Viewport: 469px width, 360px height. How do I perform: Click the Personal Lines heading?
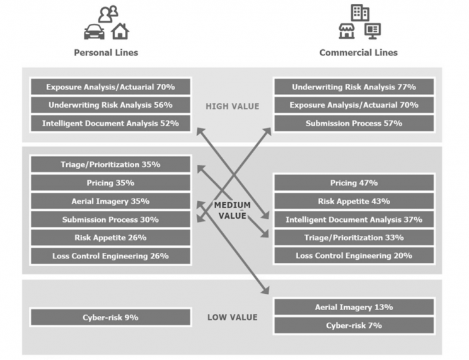coord(106,52)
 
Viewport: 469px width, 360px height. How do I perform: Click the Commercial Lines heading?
coord(358,52)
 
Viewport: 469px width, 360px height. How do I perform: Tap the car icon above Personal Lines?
coord(94,32)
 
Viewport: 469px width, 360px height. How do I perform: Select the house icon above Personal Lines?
coord(120,30)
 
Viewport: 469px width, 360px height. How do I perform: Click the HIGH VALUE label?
coord(232,106)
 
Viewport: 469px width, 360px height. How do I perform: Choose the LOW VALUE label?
coord(232,317)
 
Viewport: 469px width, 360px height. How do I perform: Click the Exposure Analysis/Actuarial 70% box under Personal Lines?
coord(110,87)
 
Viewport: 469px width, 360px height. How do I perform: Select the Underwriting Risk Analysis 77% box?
coord(354,87)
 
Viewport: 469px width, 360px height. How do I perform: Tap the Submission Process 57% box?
coord(354,124)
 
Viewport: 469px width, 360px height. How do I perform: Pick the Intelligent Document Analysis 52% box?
coord(110,124)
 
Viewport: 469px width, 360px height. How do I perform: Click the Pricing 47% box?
coord(354,183)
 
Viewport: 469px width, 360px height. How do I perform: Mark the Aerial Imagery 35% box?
coord(110,201)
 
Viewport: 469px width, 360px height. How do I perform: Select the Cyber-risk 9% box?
coord(110,317)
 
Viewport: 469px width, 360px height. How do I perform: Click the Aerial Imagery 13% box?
coord(354,307)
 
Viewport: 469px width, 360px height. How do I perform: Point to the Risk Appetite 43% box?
coord(354,201)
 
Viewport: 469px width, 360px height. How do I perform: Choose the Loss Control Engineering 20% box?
coord(354,256)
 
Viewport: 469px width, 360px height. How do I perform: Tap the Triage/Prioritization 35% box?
coord(110,165)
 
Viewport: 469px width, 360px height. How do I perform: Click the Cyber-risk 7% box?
coord(354,325)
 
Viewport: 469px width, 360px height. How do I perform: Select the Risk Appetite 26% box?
coord(110,238)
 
